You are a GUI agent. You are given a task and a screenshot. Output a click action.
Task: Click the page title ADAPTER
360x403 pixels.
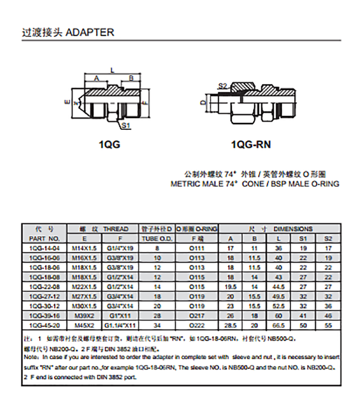(x=90, y=32)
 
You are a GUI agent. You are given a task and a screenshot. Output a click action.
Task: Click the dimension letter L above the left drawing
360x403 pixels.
(x=112, y=69)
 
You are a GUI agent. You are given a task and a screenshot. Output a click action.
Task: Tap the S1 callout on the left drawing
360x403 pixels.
(x=126, y=127)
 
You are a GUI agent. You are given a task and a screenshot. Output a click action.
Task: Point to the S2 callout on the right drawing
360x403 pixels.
(x=223, y=86)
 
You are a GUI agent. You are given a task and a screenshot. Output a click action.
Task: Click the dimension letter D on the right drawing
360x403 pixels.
(x=203, y=102)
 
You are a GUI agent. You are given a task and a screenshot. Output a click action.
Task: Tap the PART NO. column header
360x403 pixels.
(x=44, y=238)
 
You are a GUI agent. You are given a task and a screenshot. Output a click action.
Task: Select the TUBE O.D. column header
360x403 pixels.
(x=157, y=238)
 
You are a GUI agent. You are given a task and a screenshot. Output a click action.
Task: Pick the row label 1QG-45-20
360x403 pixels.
(x=44, y=325)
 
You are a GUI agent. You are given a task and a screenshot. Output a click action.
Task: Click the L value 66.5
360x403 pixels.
(x=279, y=325)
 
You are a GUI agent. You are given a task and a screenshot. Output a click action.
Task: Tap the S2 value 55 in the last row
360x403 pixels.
(x=328, y=325)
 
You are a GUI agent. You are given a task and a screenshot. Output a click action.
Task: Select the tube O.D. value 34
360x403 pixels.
(x=157, y=325)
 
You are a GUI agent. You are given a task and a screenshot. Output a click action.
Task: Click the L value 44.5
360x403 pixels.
(x=279, y=286)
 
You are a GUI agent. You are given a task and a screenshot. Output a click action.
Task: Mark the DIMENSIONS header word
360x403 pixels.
(x=292, y=229)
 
